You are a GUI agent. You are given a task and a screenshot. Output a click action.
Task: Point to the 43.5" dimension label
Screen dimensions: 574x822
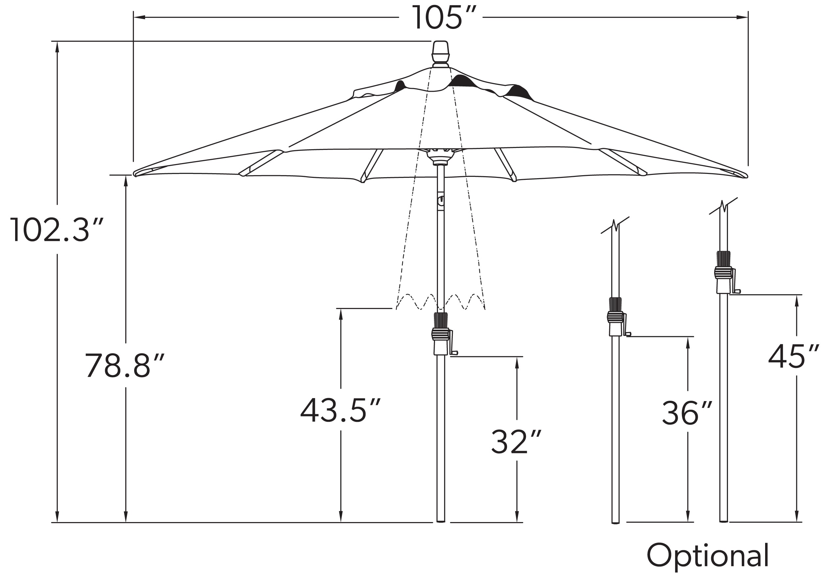pos(340,410)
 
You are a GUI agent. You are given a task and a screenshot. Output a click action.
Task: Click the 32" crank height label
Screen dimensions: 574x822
pos(516,442)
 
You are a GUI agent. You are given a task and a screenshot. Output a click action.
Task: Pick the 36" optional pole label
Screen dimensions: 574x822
pos(686,413)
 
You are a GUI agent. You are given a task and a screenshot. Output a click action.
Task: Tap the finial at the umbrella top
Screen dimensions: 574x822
pos(440,53)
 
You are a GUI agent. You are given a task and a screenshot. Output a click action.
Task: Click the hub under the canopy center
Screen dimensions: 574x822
pos(440,156)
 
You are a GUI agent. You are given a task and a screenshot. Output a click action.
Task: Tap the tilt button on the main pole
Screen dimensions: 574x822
pos(441,201)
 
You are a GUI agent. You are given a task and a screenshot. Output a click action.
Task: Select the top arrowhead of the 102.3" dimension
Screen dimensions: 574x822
pos(57,47)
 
